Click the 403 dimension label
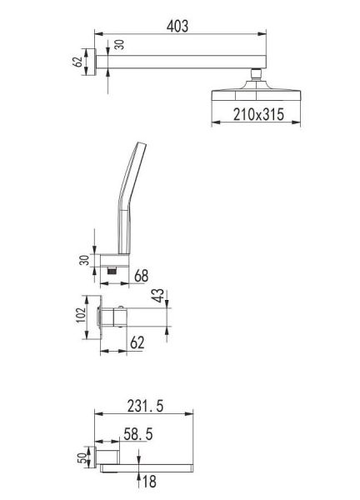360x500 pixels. click(177, 26)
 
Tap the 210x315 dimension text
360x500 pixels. click(258, 114)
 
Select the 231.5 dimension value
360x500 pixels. click(145, 406)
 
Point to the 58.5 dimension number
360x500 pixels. click(137, 434)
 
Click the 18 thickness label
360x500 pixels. click(149, 482)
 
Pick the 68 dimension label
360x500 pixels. click(142, 276)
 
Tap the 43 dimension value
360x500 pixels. click(158, 296)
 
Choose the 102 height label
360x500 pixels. click(82, 315)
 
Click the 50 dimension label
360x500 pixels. click(82, 457)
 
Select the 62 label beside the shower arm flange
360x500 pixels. click(77, 62)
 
